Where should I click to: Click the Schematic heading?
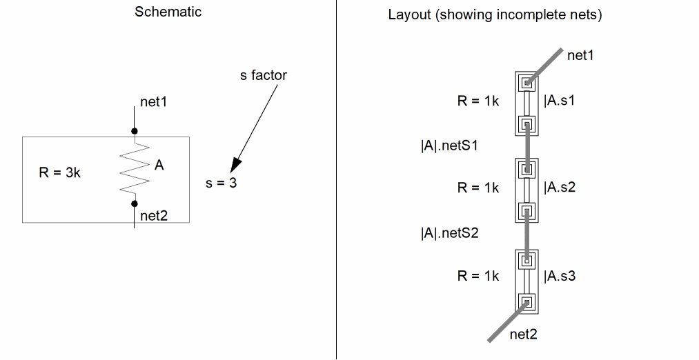tap(168, 12)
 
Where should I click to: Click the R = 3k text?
tap(59, 172)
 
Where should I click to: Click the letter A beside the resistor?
tap(159, 166)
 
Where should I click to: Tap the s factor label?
tap(264, 75)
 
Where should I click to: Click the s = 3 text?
tap(221, 184)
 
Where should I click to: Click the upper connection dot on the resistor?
tap(135, 130)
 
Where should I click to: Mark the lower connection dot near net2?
tap(135, 203)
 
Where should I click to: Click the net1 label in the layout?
tap(580, 55)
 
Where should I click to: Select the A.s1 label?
tap(560, 101)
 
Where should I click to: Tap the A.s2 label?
tap(560, 187)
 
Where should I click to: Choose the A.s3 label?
tap(560, 276)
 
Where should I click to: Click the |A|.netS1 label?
tap(449, 146)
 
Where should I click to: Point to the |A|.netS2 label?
tap(449, 233)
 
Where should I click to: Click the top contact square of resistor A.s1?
tap(528, 83)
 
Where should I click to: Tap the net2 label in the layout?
tap(523, 334)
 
